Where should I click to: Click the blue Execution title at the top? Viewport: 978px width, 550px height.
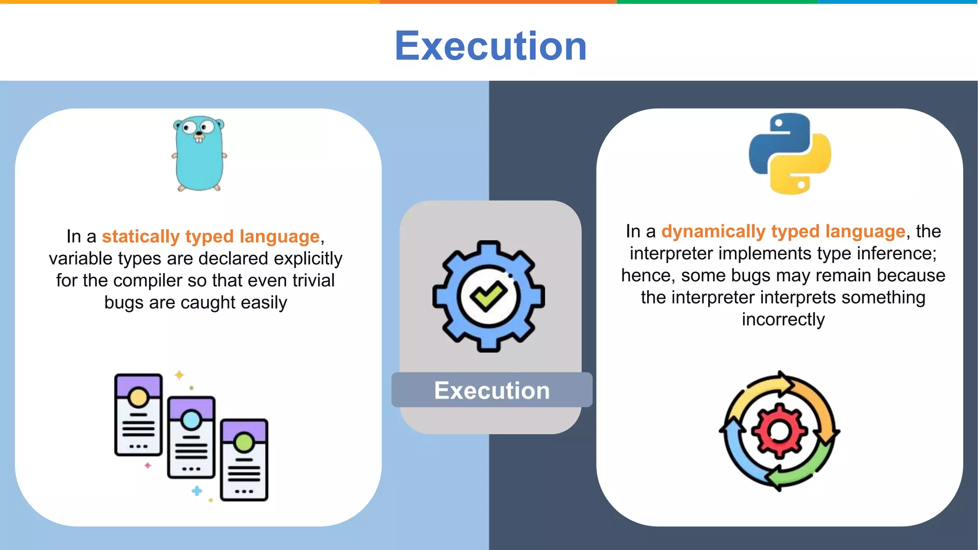490,46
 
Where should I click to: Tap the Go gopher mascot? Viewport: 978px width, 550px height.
199,154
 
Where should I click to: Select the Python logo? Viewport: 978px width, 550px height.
790,154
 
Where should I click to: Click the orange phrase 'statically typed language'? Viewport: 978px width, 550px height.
211,236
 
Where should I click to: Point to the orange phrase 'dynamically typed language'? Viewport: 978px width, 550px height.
783,232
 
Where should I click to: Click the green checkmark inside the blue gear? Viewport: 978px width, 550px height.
488,296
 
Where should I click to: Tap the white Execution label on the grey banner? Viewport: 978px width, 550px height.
492,391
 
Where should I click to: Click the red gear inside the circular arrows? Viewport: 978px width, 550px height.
779,431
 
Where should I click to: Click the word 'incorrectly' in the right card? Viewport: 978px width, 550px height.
783,319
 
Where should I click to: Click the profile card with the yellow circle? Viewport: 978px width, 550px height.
138,414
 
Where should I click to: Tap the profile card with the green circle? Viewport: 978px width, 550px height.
244,460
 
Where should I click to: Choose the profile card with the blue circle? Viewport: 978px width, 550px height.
191,437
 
